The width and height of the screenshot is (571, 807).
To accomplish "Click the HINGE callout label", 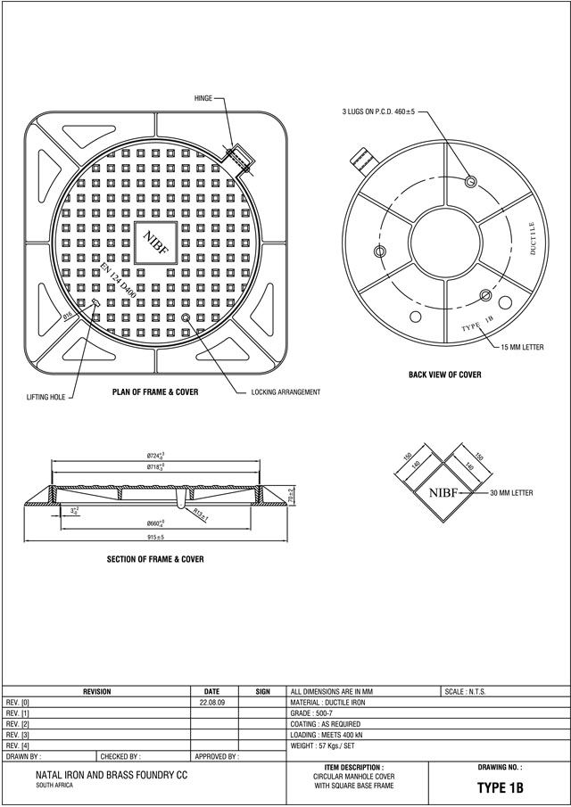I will pyautogui.click(x=203, y=98).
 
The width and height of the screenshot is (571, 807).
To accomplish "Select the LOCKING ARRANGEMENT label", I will pyautogui.click(x=285, y=392).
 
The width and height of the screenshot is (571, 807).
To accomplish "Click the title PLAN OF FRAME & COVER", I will pyautogui.click(x=155, y=391).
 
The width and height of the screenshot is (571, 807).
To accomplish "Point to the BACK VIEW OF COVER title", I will pyautogui.click(x=444, y=375).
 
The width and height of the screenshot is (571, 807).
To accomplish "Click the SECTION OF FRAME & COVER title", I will pyautogui.click(x=155, y=559).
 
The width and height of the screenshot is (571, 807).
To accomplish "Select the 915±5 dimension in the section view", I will pyautogui.click(x=155, y=538).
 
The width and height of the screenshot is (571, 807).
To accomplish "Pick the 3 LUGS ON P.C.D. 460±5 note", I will pyautogui.click(x=379, y=112).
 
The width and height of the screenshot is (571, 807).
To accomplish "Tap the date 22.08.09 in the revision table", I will pyautogui.click(x=211, y=703).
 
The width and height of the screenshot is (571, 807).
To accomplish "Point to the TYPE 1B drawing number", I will pyautogui.click(x=500, y=788).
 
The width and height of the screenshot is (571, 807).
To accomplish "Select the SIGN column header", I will pyautogui.click(x=262, y=692).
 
